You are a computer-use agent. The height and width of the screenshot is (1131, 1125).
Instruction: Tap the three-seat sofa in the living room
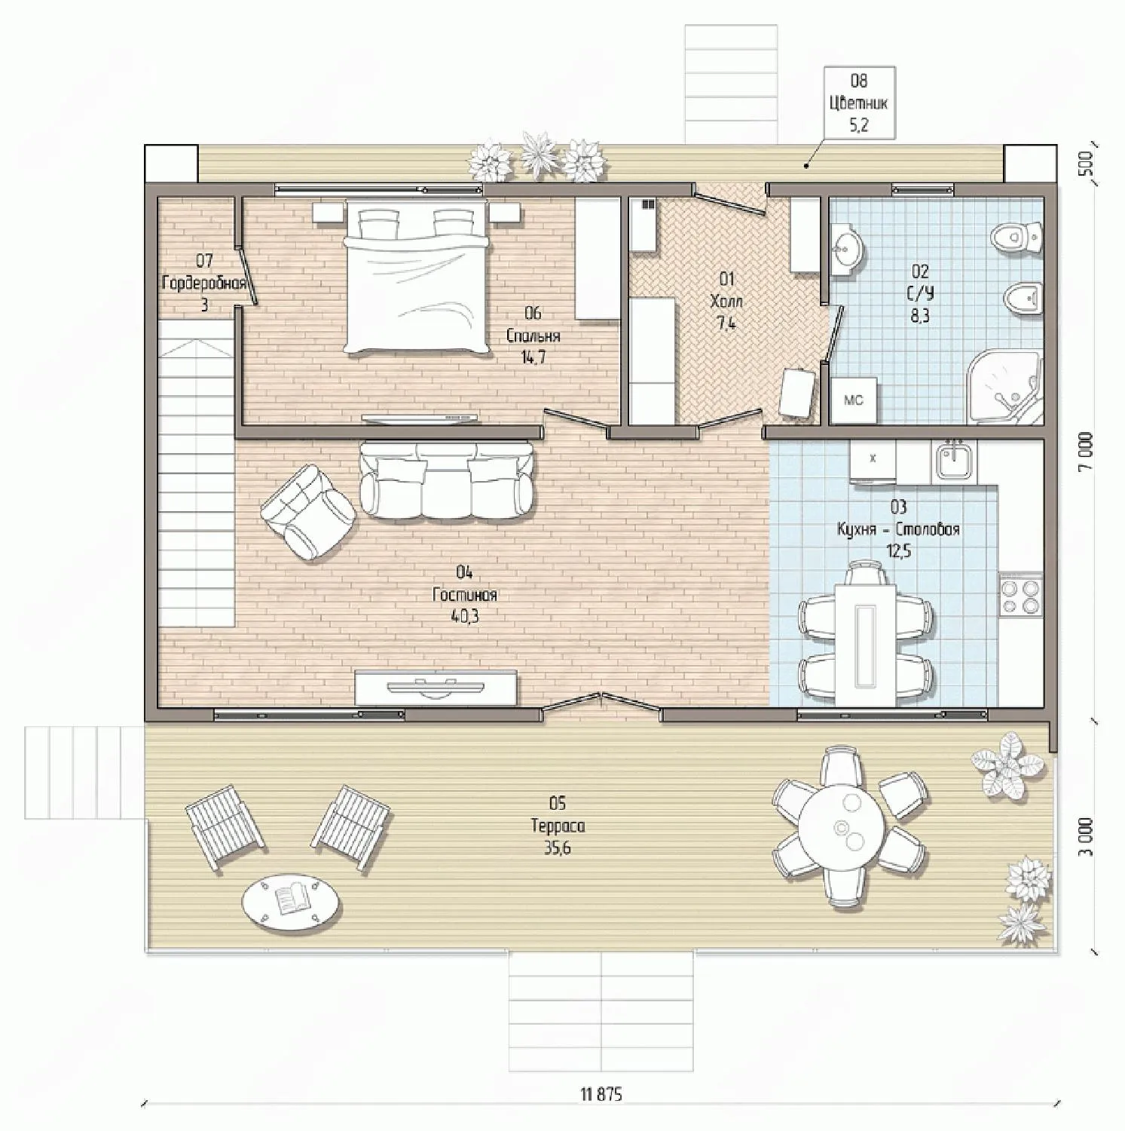pos(446,480)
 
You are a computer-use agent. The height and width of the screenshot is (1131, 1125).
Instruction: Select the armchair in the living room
pos(307,512)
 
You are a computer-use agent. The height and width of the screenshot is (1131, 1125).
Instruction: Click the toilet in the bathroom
pos(1016,238)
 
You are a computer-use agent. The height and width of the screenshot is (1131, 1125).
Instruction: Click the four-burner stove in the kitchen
pos(1021,593)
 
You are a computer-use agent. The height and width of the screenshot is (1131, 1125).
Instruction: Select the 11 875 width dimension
pos(601,1094)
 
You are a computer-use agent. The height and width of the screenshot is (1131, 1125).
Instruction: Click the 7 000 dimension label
pos(1085,452)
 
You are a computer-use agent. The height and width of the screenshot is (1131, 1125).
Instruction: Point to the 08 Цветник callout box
pos(859,103)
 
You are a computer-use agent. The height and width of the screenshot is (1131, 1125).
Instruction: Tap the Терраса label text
pos(558,826)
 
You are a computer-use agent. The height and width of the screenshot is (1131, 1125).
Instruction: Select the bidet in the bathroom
pos(1023,301)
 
